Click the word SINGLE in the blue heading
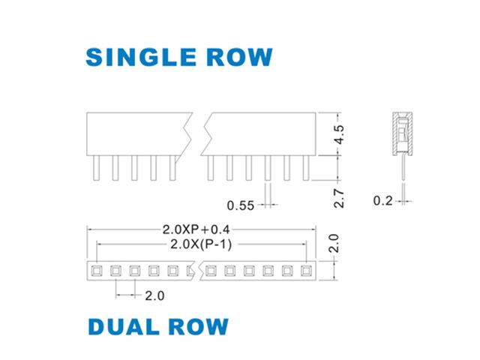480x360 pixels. [141, 57]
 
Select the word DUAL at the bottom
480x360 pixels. [124, 327]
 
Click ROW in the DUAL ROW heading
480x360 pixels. [198, 327]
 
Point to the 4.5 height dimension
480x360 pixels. [339, 134]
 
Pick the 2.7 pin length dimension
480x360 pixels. [339, 198]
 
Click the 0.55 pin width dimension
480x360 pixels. [241, 205]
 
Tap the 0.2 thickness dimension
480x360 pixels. [382, 201]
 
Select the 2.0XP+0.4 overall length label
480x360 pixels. [196, 229]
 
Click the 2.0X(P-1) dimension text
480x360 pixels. [201, 244]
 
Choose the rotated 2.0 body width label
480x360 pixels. [333, 243]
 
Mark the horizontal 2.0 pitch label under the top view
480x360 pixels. [154, 295]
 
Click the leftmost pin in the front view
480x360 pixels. [97, 168]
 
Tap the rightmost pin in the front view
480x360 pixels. [306, 168]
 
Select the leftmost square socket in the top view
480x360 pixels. [97, 271]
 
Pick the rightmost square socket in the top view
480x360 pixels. [306, 271]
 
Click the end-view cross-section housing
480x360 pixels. [403, 133]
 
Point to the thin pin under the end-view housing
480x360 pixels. [403, 168]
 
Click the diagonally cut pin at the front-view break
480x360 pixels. [173, 168]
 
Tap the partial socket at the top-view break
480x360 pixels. [190, 271]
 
